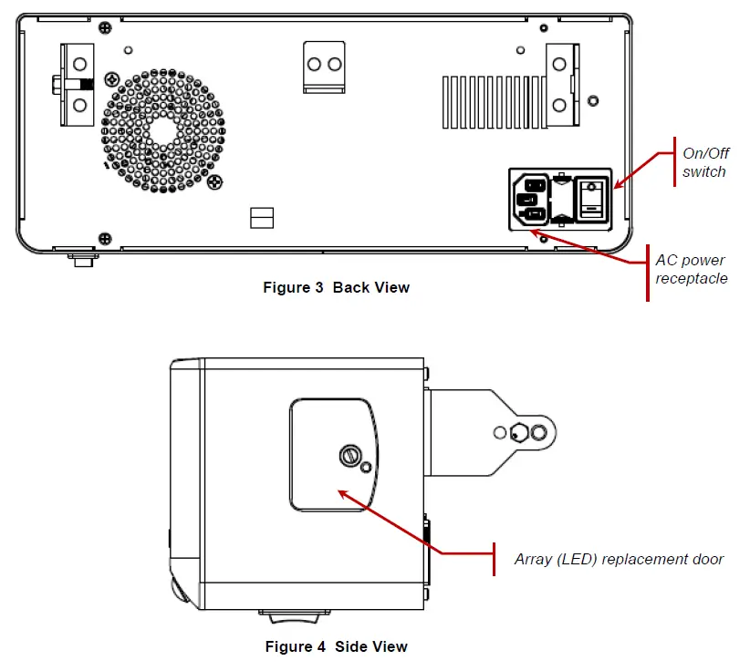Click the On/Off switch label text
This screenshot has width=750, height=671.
click(703, 162)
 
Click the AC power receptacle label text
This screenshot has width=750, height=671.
click(691, 269)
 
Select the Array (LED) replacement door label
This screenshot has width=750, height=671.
click(619, 559)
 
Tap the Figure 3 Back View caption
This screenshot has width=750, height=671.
click(336, 288)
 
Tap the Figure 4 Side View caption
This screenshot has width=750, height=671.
click(336, 647)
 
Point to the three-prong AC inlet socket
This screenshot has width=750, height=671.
click(534, 198)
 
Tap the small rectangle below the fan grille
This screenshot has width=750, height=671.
click(262, 217)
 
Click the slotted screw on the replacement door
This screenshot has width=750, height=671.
click(349, 453)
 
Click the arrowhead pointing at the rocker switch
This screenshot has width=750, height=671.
click(616, 186)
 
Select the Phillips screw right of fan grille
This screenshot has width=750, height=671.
click(214, 182)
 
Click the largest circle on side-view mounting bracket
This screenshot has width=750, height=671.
click(539, 432)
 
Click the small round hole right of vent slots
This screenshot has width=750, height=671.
click(593, 98)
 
